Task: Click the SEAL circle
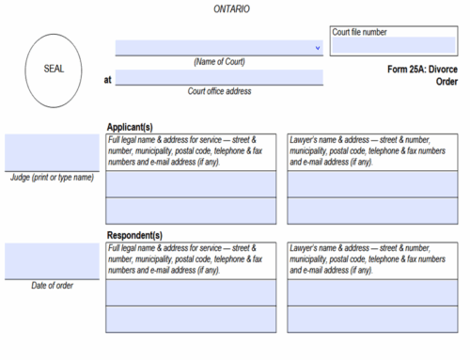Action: (x=55, y=70)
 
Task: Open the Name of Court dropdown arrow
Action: (x=317, y=47)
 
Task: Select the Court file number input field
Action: (x=393, y=45)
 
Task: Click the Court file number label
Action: (x=360, y=32)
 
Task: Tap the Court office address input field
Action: (x=219, y=78)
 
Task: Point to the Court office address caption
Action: (x=219, y=91)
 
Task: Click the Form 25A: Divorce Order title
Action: (x=423, y=75)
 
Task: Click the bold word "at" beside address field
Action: (x=108, y=80)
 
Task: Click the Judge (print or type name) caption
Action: (x=52, y=177)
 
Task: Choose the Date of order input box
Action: (x=52, y=260)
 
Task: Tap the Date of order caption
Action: (x=52, y=285)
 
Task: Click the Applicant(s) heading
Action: (x=131, y=126)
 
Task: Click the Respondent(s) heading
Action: (x=134, y=235)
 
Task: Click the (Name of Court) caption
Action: (x=219, y=62)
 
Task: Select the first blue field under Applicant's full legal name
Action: (x=191, y=183)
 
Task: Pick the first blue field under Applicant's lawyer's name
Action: (x=373, y=183)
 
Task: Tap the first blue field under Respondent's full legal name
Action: (x=191, y=292)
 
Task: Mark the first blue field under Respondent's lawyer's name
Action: (x=373, y=292)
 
